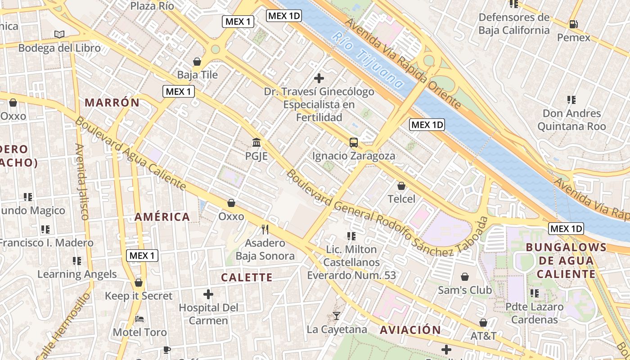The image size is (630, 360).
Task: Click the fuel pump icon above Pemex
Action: (x=573, y=24)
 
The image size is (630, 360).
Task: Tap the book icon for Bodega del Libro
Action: (x=59, y=34)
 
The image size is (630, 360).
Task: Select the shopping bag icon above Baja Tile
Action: (x=197, y=62)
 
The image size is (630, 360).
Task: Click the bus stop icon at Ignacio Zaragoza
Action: (x=354, y=143)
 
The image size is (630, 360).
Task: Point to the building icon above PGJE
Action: (x=256, y=143)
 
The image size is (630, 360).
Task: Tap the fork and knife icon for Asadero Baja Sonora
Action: (x=265, y=229)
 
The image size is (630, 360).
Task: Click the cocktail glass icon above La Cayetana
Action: (x=337, y=316)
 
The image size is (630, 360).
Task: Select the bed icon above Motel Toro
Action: (x=139, y=319)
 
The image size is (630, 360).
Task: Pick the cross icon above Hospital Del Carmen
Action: (x=208, y=295)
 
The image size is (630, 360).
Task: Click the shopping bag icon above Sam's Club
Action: (x=465, y=277)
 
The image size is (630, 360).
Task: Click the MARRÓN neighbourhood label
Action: (x=112, y=103)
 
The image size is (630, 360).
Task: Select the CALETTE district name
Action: (x=247, y=277)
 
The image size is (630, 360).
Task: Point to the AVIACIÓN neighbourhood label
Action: (x=410, y=330)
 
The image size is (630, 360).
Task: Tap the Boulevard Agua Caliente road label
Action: (x=130, y=153)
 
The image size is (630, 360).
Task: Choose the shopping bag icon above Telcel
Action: (x=401, y=186)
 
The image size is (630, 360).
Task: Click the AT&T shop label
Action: (x=483, y=336)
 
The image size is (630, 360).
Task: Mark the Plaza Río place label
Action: (x=152, y=6)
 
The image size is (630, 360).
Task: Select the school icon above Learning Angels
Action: (x=77, y=261)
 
